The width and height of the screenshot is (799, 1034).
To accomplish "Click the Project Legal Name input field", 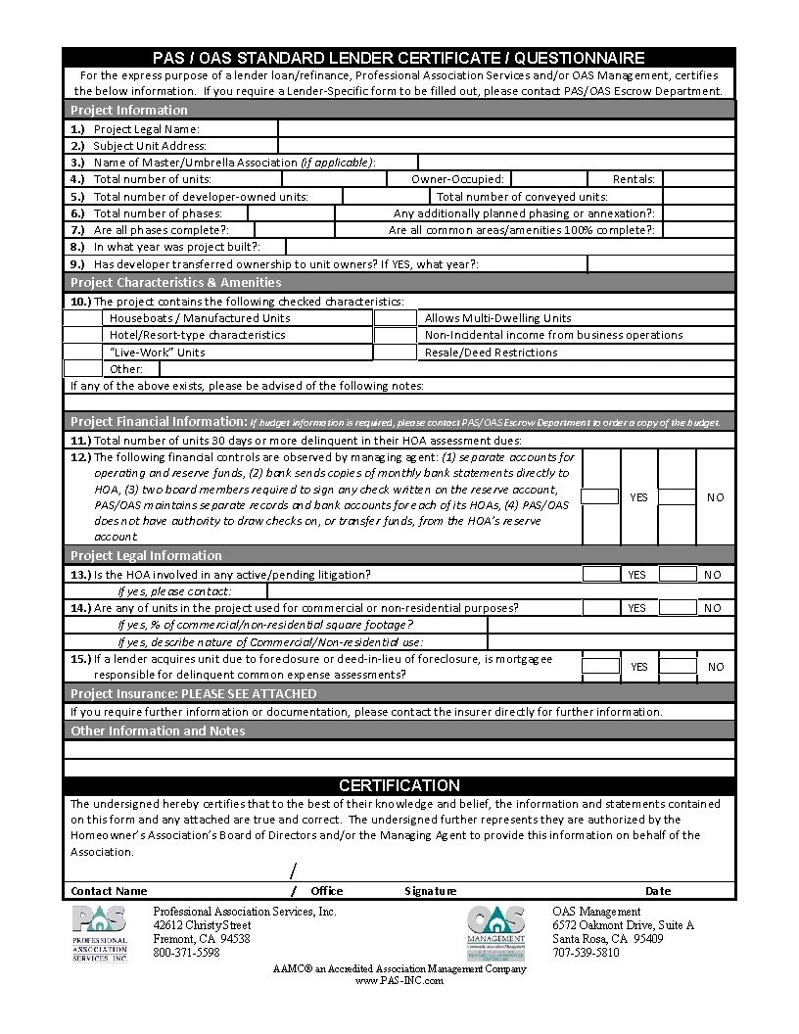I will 506,128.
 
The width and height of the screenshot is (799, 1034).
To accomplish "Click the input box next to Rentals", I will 698,179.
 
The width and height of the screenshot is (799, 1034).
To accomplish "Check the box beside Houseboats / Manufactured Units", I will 82,318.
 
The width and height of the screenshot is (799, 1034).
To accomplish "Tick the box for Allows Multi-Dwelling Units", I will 395,318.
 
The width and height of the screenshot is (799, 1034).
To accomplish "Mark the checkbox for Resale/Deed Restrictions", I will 395,352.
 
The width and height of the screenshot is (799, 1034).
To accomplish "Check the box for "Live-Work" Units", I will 82,352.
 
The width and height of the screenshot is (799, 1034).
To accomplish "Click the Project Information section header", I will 129,110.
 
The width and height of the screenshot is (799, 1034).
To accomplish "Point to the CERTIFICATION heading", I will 399,785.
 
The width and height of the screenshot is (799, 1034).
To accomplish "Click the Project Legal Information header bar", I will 146,555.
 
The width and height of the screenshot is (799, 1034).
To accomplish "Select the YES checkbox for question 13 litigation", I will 601,575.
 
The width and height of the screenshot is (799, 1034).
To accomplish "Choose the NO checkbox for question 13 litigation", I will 678,575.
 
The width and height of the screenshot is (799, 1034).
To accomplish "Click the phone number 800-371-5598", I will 186,953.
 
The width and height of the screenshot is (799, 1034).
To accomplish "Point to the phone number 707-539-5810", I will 586,953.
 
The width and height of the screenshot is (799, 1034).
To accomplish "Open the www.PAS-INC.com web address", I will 399,980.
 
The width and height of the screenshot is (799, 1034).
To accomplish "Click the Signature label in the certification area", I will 430,891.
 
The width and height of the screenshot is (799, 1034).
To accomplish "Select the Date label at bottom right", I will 658,891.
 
